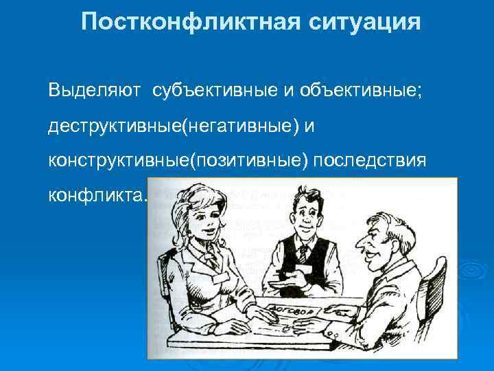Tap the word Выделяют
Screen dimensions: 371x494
coord(95,90)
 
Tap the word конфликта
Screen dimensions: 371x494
coord(97,194)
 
